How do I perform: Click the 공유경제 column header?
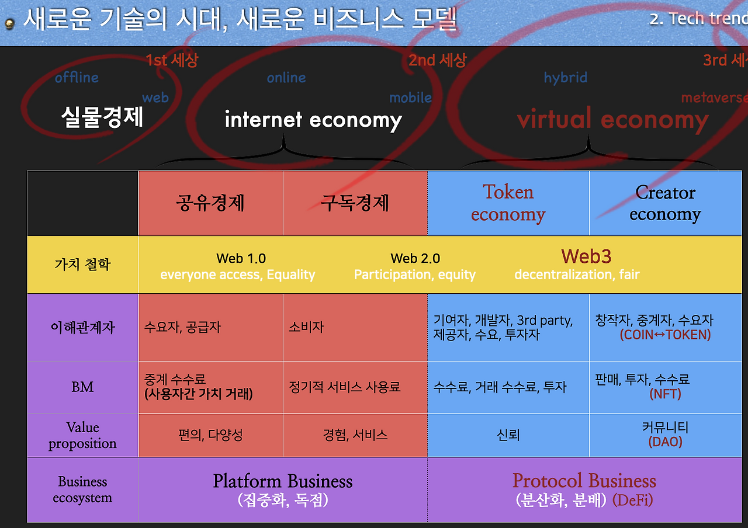[210, 203]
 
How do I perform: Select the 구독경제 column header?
[355, 203]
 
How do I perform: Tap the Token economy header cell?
[508, 203]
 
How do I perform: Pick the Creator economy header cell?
[665, 203]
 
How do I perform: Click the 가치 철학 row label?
[82, 265]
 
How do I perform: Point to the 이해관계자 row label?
[82, 327]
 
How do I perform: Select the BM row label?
[82, 387]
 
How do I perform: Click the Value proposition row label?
[82, 435]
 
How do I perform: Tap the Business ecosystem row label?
[82, 489]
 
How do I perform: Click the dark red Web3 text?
[586, 256]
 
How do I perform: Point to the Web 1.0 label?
[241, 258]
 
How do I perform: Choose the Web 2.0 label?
[415, 258]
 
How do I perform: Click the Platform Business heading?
[283, 481]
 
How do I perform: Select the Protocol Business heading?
[584, 481]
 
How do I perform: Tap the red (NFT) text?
[666, 394]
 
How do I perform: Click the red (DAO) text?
[666, 442]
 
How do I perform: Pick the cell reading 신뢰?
[508, 435]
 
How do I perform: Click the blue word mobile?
[410, 98]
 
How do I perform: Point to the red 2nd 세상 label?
[437, 60]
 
